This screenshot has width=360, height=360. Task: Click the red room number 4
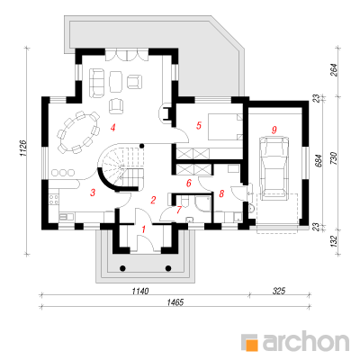(x=112, y=128)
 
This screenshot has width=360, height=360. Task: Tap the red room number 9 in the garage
(x=274, y=130)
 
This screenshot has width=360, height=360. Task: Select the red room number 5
(x=199, y=125)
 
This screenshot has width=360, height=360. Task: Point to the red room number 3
(x=93, y=193)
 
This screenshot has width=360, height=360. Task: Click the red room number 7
(x=179, y=210)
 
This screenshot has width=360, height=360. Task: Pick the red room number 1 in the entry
(x=143, y=229)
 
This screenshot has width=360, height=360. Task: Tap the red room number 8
(x=221, y=193)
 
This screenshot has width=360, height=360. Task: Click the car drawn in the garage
(x=274, y=168)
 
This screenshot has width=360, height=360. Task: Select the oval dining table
(x=78, y=132)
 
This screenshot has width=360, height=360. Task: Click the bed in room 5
(x=225, y=126)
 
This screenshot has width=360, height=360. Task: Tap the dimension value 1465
(x=175, y=301)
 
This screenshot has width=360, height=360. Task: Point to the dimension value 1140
(x=140, y=291)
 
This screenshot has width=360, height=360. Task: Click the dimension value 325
(x=279, y=291)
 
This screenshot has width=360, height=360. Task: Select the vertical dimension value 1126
(x=24, y=148)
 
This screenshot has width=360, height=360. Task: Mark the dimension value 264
(x=334, y=70)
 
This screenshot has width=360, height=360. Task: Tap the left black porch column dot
(x=122, y=268)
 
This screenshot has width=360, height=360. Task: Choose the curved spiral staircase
(x=121, y=166)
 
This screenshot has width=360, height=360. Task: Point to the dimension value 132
(x=334, y=241)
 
